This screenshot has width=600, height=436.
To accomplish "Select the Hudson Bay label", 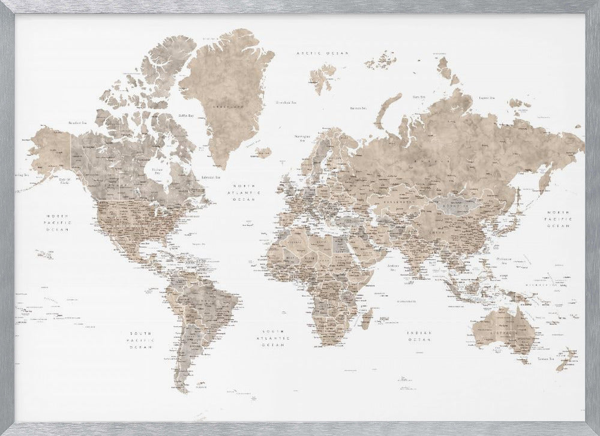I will point(157,170).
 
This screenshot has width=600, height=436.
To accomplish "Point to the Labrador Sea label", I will point(211,177).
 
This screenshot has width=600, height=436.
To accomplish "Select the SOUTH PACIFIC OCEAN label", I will point(143,340).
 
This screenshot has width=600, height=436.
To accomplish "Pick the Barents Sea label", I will point(358,109).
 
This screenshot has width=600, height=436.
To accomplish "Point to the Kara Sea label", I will point(418,95).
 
